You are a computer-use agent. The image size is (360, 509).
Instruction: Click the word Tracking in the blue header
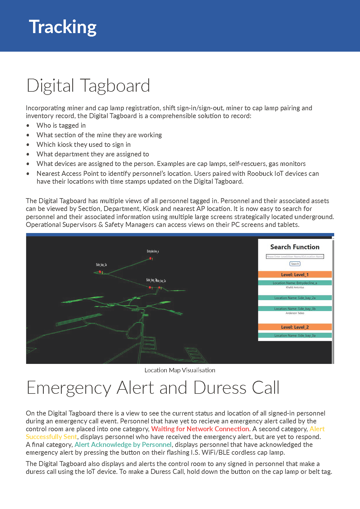[63, 27]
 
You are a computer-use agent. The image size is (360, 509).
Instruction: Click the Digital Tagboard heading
[88, 86]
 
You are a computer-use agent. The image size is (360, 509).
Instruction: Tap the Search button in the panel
[295, 264]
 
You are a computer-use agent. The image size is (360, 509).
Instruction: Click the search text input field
[295, 257]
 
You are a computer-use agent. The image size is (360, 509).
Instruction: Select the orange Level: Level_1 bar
[295, 275]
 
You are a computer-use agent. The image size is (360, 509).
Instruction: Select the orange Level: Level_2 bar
[295, 327]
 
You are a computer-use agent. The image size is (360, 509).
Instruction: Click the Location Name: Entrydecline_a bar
[295, 283]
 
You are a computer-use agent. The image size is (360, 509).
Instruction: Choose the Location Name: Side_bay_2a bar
[295, 298]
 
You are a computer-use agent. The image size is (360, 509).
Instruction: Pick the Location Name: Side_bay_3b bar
[295, 309]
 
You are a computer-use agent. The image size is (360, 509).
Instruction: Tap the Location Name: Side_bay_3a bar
[295, 335]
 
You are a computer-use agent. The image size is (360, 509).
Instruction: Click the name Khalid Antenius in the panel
[295, 287]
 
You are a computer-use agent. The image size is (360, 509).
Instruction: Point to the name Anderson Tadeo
[295, 313]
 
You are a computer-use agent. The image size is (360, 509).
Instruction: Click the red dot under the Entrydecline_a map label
[150, 258]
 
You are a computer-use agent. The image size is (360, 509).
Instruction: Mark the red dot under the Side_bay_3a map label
[100, 272]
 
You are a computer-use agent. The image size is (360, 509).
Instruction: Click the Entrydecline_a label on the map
[153, 251]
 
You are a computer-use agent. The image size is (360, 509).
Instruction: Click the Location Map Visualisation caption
[180, 370]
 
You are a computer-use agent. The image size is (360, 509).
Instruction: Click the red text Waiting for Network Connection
[200, 429]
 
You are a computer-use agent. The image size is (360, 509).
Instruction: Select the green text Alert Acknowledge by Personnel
[123, 445]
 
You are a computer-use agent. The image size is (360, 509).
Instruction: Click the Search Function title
[295, 247]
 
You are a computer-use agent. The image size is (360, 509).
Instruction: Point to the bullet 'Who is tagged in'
[61, 125]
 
